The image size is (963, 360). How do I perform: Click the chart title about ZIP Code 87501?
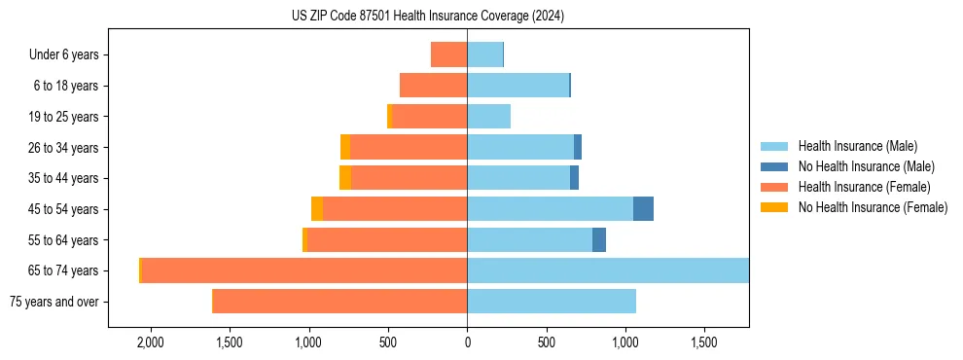click(428, 17)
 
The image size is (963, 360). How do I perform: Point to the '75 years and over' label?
click(53, 302)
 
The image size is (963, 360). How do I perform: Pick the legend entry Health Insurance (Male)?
click(857, 146)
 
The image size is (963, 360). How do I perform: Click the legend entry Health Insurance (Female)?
click(864, 187)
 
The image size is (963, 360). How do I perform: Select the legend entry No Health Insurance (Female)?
click(873, 207)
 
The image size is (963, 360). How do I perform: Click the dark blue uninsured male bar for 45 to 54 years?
click(643, 209)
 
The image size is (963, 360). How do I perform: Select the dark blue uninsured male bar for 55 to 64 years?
click(599, 239)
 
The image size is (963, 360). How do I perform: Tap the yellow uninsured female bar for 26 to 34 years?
click(345, 147)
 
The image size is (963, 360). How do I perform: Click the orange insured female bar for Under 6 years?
click(448, 54)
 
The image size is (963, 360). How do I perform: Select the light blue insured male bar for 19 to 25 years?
click(488, 117)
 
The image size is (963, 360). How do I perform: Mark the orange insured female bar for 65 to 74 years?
click(303, 270)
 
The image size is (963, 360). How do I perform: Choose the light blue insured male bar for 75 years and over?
click(552, 302)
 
